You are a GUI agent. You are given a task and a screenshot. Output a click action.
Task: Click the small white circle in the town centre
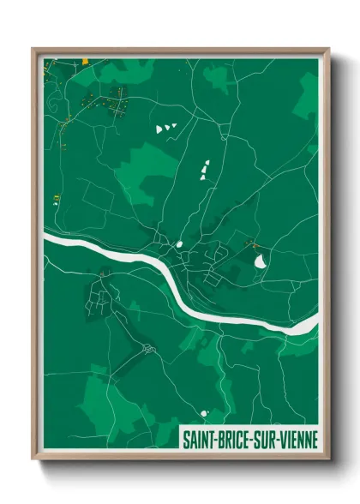(181, 247)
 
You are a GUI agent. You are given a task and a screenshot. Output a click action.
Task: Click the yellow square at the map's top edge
(86, 60)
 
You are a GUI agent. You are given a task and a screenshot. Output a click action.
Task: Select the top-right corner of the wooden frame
(327, 50)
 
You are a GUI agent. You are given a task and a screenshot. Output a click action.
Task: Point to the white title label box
(248, 441)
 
